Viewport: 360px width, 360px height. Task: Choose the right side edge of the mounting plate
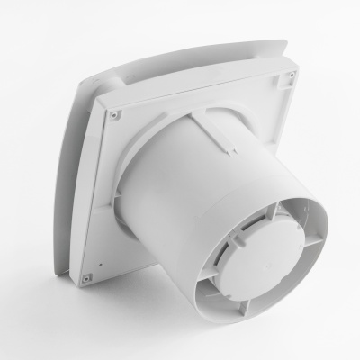307,135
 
